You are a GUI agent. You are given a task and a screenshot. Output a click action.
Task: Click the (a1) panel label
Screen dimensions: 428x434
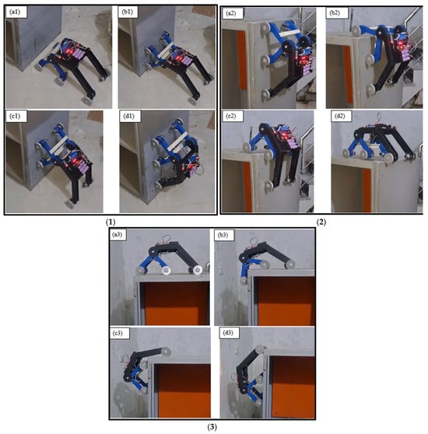15,12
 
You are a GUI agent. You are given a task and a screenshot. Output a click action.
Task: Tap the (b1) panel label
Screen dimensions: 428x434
128,12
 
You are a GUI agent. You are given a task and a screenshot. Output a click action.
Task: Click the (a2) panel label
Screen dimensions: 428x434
231,13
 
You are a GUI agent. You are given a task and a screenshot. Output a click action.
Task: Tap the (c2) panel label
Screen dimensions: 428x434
231,116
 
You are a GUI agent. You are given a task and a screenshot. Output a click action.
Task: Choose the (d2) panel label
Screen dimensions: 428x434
340,116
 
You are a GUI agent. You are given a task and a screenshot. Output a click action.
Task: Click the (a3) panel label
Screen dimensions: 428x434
117,235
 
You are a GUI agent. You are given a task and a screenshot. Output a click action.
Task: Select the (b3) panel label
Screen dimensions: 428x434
223,235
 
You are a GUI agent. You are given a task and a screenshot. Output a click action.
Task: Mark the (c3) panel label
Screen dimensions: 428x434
118,333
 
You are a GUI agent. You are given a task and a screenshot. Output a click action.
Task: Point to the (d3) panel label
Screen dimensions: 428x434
228,333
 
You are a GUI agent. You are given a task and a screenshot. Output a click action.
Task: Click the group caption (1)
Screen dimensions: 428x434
111,222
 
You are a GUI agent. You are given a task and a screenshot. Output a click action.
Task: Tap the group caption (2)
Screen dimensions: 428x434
321,222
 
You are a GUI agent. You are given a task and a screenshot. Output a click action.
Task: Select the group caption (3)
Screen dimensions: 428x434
212,427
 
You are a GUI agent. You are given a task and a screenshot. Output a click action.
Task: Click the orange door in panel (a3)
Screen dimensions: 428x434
177,303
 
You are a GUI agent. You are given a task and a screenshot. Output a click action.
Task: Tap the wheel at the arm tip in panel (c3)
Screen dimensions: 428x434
166,352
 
